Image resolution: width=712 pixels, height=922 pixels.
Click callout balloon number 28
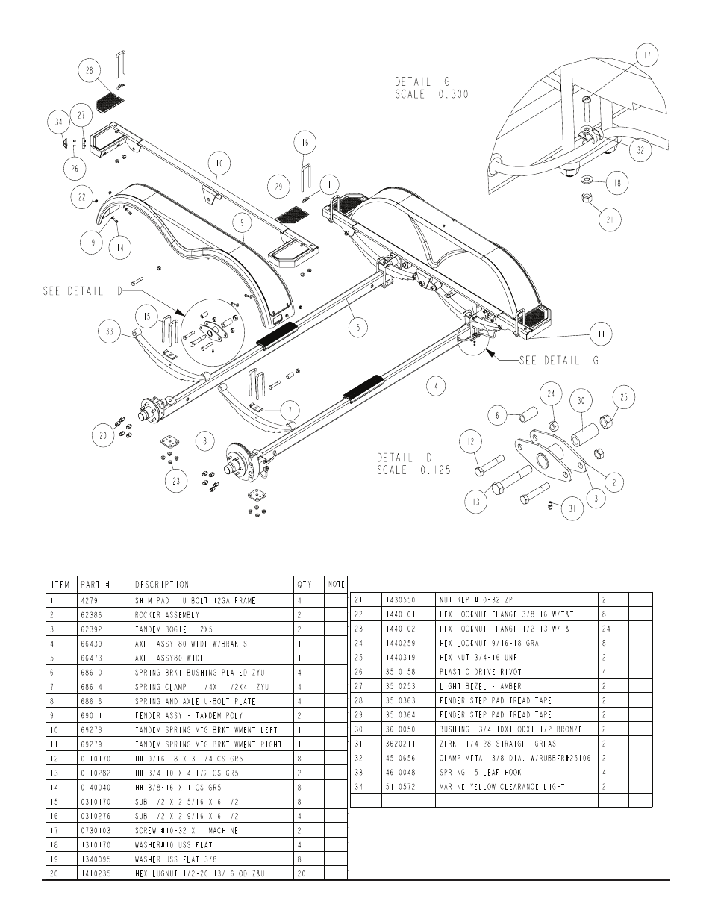[90, 71]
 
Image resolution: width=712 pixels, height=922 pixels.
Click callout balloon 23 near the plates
[176, 481]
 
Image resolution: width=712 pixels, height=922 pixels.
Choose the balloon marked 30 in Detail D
[581, 401]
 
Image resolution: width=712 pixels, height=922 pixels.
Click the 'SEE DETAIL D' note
[81, 291]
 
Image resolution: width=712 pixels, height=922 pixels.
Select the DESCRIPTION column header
[162, 585]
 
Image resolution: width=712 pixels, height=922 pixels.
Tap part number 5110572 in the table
[399, 787]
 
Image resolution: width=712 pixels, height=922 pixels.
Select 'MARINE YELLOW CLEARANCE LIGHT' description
[502, 787]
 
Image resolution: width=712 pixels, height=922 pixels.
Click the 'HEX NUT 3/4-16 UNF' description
[478, 657]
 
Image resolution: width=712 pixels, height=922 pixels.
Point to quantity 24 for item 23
[606, 629]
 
